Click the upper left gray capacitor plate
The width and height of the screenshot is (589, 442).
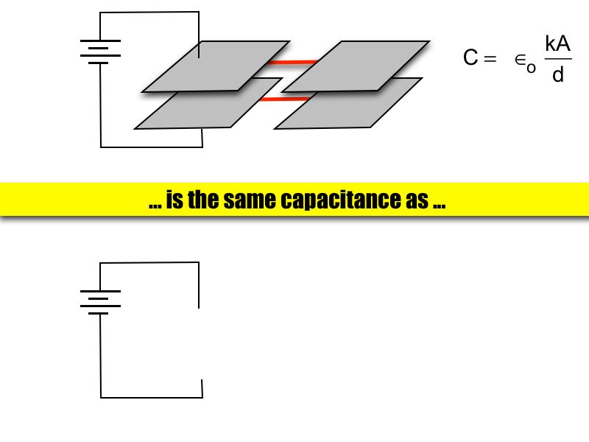click(214, 65)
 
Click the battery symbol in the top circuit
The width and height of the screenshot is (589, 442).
click(99, 52)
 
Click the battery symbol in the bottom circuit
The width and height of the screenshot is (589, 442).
click(99, 302)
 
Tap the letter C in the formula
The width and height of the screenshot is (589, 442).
click(470, 58)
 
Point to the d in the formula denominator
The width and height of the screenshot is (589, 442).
click(557, 75)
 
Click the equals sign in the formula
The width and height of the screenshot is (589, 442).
click(490, 59)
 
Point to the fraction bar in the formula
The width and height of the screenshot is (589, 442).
click(557, 59)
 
